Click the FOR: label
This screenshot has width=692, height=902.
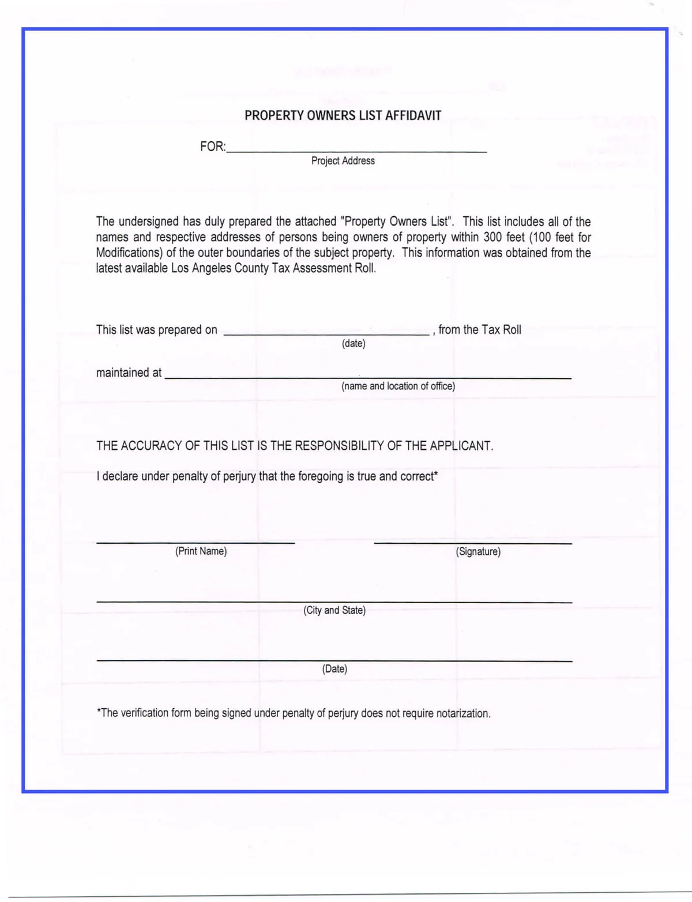(x=213, y=146)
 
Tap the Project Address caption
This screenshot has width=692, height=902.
(x=343, y=161)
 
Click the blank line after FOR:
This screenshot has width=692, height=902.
(x=357, y=151)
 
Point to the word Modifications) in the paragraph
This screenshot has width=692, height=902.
(x=129, y=253)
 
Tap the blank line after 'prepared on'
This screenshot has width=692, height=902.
(x=326, y=334)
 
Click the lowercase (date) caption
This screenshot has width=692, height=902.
(x=353, y=344)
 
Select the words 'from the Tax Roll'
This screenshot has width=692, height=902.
(x=480, y=330)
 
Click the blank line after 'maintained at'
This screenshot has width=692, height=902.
(x=368, y=377)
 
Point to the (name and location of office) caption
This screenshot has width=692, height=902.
(x=398, y=386)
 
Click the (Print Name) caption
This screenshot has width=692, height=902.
(x=201, y=551)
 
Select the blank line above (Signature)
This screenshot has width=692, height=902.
(x=473, y=543)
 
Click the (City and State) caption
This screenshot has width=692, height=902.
(x=334, y=610)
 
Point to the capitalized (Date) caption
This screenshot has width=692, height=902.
(x=334, y=669)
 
